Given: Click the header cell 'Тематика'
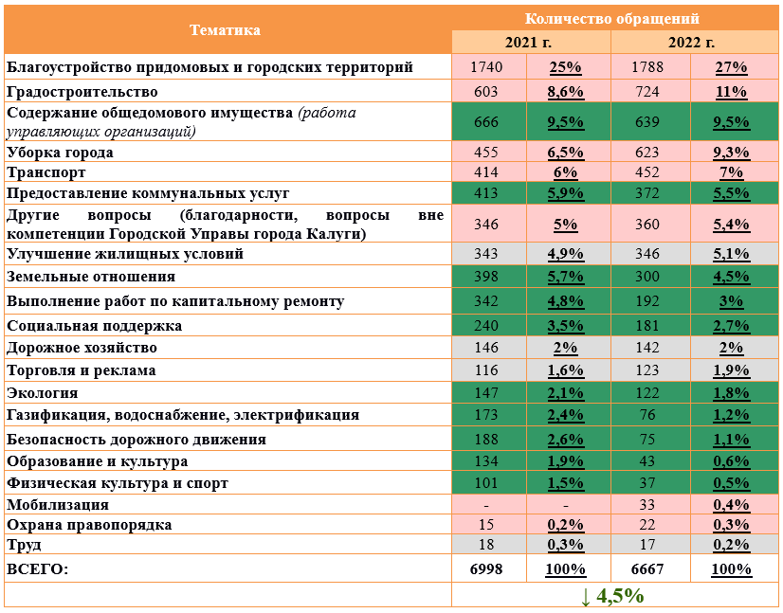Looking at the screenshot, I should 226,29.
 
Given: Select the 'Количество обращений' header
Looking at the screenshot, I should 612,18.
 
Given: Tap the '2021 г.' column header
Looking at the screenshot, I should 530,43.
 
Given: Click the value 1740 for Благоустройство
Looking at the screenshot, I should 486,67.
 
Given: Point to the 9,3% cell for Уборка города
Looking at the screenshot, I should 730,153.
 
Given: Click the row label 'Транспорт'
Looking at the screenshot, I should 46,172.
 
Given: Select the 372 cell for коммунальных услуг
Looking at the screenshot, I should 649,193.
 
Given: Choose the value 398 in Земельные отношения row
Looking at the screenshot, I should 486,277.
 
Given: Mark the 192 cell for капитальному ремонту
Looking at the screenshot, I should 649,301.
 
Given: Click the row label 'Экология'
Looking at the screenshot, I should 43,392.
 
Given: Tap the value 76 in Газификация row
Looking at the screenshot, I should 649,415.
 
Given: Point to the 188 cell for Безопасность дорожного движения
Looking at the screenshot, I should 486,440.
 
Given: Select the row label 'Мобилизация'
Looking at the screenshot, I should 58,505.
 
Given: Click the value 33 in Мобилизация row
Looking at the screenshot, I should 649,505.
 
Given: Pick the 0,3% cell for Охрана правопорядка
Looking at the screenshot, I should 730,525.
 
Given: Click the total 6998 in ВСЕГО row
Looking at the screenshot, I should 486,569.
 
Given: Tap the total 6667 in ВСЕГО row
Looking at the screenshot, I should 649,569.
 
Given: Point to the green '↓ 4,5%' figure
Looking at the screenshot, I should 612,596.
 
